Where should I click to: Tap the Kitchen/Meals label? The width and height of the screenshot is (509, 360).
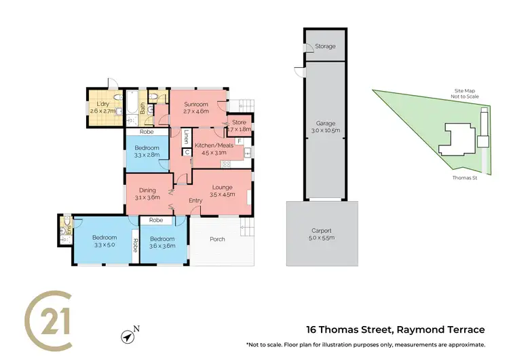pyautogui.click(x=214, y=145)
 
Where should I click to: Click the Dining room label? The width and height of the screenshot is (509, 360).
pyautogui.click(x=148, y=190)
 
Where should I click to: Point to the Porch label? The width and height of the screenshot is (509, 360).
pyautogui.click(x=217, y=239)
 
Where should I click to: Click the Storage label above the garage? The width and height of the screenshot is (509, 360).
pyautogui.click(x=324, y=47)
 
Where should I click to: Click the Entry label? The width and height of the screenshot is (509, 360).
pyautogui.click(x=195, y=200)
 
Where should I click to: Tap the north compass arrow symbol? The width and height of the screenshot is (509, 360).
pyautogui.click(x=127, y=336)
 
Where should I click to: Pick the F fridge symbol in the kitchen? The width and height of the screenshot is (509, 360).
pyautogui.click(x=240, y=141)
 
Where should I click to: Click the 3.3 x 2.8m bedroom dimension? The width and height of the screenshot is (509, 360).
pyautogui.click(x=147, y=155)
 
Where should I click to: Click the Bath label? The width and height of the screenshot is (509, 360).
pyautogui.click(x=142, y=107)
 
